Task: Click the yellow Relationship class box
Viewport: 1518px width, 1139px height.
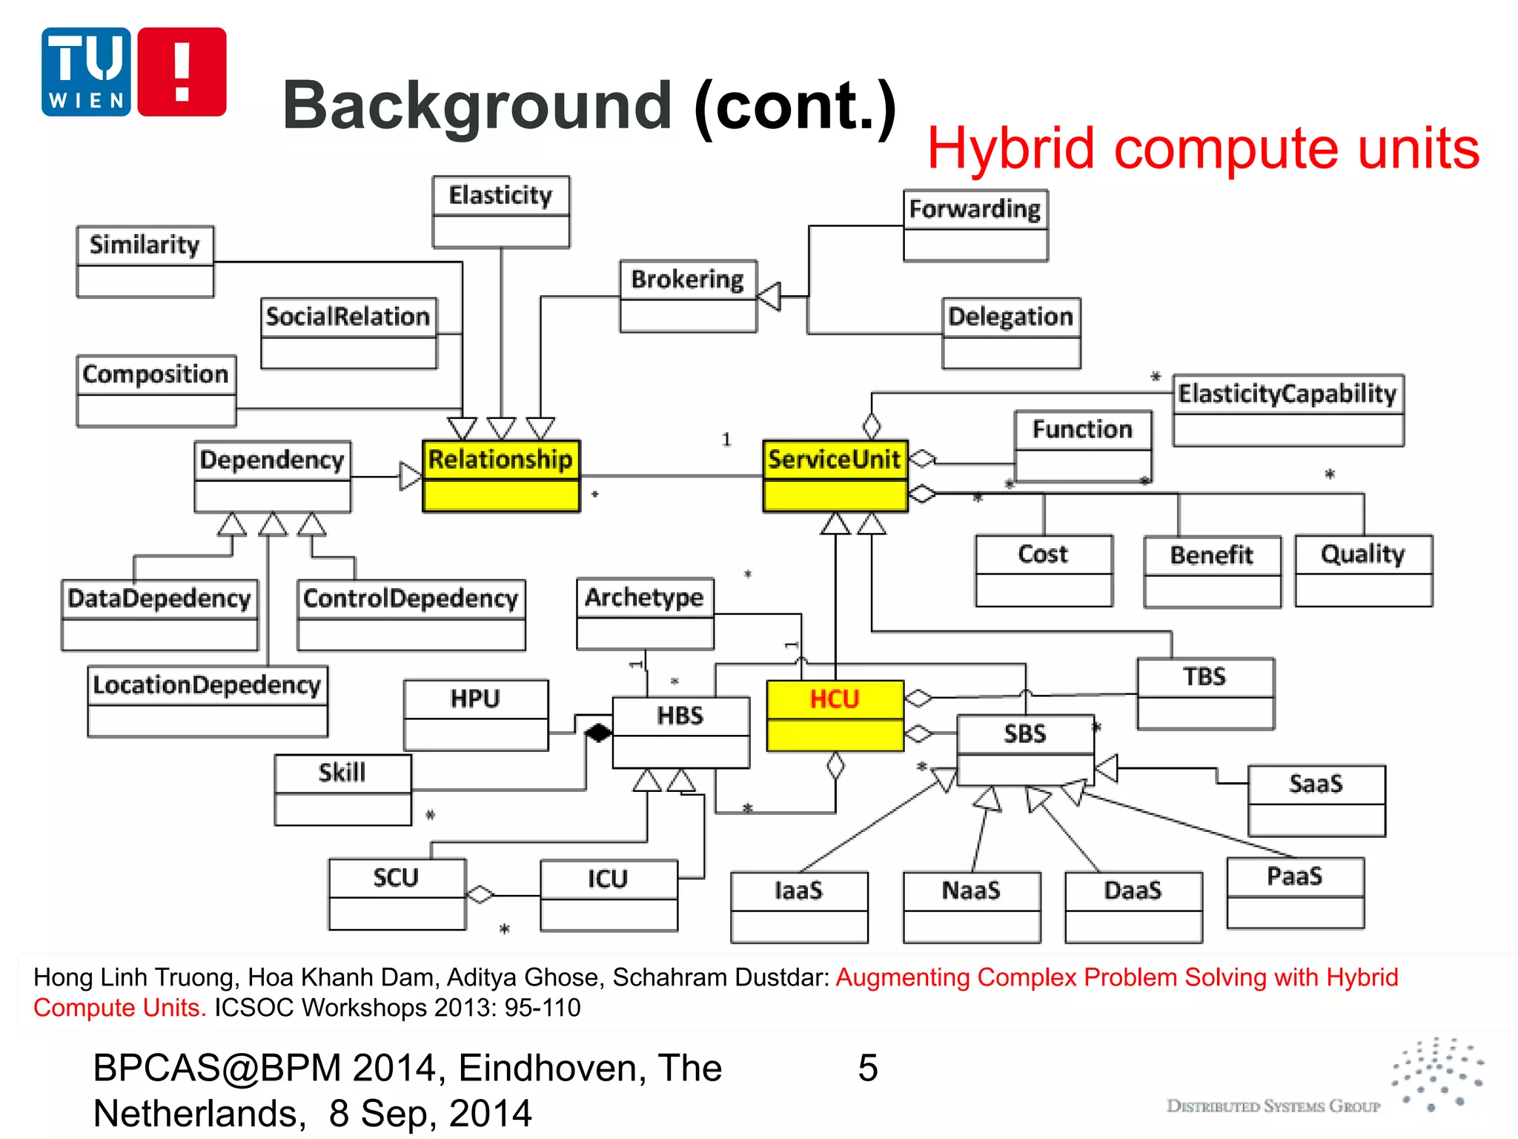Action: (501, 476)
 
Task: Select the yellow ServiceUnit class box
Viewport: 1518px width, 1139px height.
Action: (835, 476)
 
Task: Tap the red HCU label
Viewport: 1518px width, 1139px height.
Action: (835, 699)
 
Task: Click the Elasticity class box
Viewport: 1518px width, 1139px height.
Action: (501, 211)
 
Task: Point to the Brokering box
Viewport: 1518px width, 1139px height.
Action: (688, 296)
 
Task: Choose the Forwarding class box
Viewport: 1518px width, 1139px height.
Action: (975, 225)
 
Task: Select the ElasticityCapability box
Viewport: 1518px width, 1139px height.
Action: (1287, 410)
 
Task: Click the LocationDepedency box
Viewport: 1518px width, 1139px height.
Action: (207, 701)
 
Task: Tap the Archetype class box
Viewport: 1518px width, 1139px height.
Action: (645, 613)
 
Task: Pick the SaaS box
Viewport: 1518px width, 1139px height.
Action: (1316, 801)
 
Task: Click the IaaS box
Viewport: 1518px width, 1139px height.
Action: (799, 907)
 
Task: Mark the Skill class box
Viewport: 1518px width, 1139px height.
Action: (342, 790)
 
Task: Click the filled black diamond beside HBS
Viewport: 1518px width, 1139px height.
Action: (598, 733)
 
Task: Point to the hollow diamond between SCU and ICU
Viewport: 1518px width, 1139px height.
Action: (480, 895)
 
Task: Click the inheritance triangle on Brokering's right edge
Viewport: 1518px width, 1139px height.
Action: (769, 297)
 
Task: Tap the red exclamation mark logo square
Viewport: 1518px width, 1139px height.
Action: (182, 72)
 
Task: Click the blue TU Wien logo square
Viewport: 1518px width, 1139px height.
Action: (86, 72)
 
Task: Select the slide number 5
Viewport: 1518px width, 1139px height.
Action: (867, 1068)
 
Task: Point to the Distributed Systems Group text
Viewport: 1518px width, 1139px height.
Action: (1273, 1106)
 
